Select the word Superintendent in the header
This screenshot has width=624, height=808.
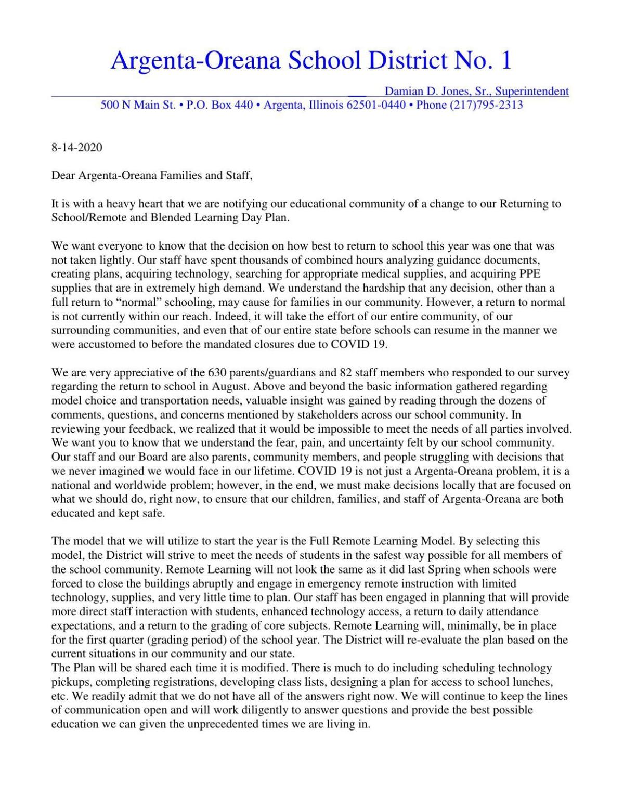pyautogui.click(x=532, y=92)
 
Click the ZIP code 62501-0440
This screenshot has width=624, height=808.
pyautogui.click(x=375, y=105)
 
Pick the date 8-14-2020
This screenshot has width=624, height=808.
pyautogui.click(x=76, y=147)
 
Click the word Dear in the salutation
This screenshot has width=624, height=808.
pyautogui.click(x=63, y=175)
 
